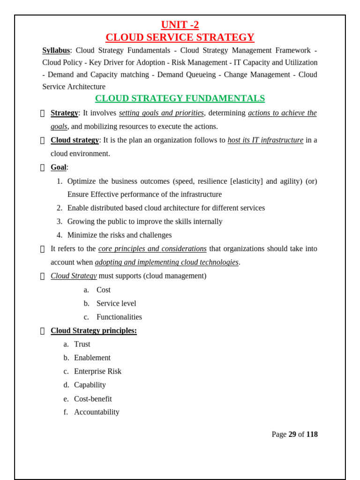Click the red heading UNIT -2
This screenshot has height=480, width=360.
(180, 25)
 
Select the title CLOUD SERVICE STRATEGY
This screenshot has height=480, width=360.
(180, 37)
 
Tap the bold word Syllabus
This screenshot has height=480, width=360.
(56, 51)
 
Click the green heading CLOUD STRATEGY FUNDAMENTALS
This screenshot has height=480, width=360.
(180, 98)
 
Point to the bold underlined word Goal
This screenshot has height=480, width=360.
(59, 167)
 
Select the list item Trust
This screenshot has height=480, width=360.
(82, 344)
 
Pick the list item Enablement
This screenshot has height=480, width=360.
(92, 358)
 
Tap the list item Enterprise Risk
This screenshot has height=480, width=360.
(97, 371)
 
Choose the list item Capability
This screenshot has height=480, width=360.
(90, 385)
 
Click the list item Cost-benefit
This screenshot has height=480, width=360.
(93, 399)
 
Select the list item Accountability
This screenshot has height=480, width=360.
(97, 412)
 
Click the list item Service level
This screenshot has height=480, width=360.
(116, 303)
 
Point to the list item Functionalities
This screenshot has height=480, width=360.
(119, 317)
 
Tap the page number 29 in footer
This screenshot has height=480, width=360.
(292, 435)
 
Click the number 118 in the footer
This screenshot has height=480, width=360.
(312, 435)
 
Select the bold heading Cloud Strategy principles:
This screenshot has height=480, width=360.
(94, 330)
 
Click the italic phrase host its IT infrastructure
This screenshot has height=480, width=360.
(265, 140)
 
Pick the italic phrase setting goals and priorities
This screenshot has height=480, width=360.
(161, 113)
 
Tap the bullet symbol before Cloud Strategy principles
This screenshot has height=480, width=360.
(43, 331)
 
